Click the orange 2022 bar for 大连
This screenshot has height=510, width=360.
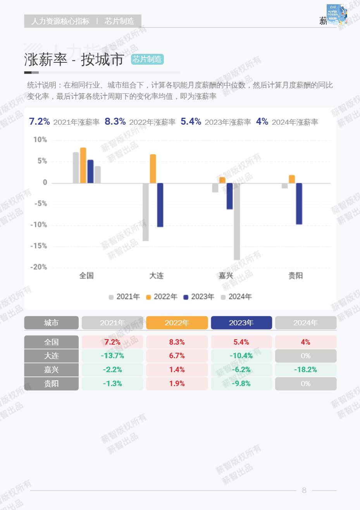[153, 169]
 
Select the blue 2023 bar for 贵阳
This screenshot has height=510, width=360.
[299, 203]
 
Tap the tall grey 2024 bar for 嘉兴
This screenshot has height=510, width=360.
[236, 221]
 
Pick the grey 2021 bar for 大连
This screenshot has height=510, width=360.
[146, 212]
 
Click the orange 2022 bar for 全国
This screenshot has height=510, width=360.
[83, 165]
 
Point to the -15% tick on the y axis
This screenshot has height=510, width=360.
[39, 246]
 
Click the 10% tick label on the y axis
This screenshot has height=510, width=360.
[40, 140]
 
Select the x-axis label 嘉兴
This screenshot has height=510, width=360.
[226, 276]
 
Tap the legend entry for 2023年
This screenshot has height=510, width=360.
[199, 297]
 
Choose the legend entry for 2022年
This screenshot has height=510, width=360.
[162, 297]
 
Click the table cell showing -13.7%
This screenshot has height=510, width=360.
[112, 356]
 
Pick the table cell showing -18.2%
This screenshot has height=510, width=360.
[305, 370]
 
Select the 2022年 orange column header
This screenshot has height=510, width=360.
[177, 323]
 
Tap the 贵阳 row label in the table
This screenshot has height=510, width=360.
[51, 384]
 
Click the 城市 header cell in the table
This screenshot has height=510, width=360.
[51, 323]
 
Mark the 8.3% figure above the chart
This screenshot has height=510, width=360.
[115, 122]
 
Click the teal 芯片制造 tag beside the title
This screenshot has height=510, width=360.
[147, 59]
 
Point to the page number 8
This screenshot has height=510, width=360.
[304, 490]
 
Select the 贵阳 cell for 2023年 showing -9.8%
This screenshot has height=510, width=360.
[241, 384]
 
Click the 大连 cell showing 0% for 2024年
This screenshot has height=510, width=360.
[305, 356]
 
